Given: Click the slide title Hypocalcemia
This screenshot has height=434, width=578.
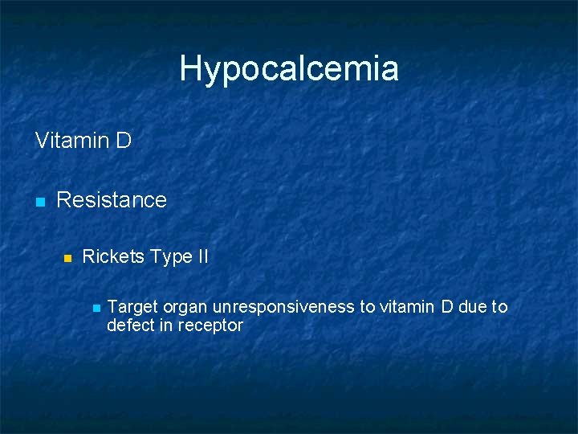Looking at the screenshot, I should (x=289, y=68).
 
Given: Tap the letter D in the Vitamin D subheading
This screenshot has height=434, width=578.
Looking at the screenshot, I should (x=123, y=141).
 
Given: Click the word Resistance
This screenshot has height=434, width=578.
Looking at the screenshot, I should (x=112, y=199).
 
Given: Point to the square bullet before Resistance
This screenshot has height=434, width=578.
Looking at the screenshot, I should (x=39, y=201).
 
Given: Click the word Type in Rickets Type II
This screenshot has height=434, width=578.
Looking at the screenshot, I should (x=170, y=257).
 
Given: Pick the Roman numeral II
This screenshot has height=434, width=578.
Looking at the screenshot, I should (x=201, y=257).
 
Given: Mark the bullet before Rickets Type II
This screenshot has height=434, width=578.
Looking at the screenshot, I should (x=68, y=259).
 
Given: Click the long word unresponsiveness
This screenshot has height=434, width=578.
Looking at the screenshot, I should (x=283, y=306).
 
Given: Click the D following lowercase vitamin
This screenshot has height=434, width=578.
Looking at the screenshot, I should (x=448, y=306).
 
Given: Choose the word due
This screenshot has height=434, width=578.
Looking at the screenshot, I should (x=474, y=306).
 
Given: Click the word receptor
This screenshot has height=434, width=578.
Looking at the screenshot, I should (x=210, y=326).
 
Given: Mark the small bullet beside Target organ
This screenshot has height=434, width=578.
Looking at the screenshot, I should (x=96, y=308).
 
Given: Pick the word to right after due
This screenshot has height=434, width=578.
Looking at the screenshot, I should (x=500, y=306).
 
